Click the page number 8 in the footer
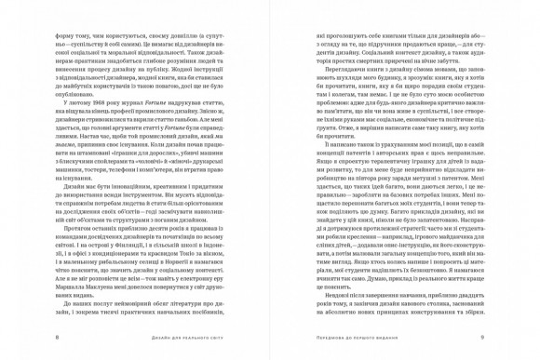tap(58, 337)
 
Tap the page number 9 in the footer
tap(481, 337)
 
